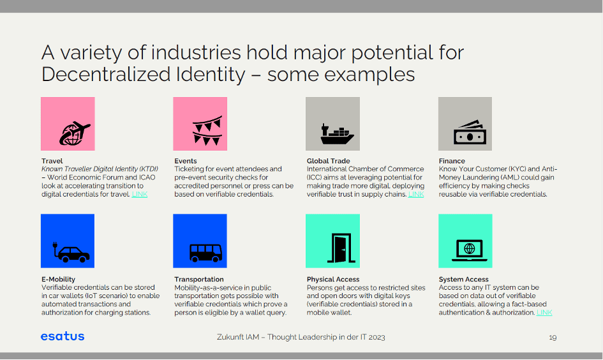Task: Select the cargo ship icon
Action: click(x=336, y=133)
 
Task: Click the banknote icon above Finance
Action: click(x=466, y=131)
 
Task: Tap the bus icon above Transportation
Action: click(x=205, y=251)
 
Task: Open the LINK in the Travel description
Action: click(x=139, y=194)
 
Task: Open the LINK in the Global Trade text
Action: click(x=416, y=194)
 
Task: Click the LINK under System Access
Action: click(x=544, y=313)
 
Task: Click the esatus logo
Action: click(x=63, y=336)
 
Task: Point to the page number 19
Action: click(x=553, y=337)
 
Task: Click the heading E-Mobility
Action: click(x=58, y=279)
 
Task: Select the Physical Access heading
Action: click(x=333, y=279)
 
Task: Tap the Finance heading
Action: click(x=452, y=161)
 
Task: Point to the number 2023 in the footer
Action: click(x=375, y=337)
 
